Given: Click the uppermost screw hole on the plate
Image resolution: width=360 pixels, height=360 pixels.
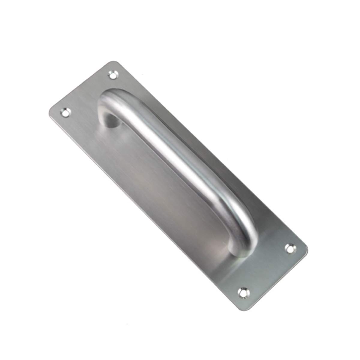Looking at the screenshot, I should (112, 74).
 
